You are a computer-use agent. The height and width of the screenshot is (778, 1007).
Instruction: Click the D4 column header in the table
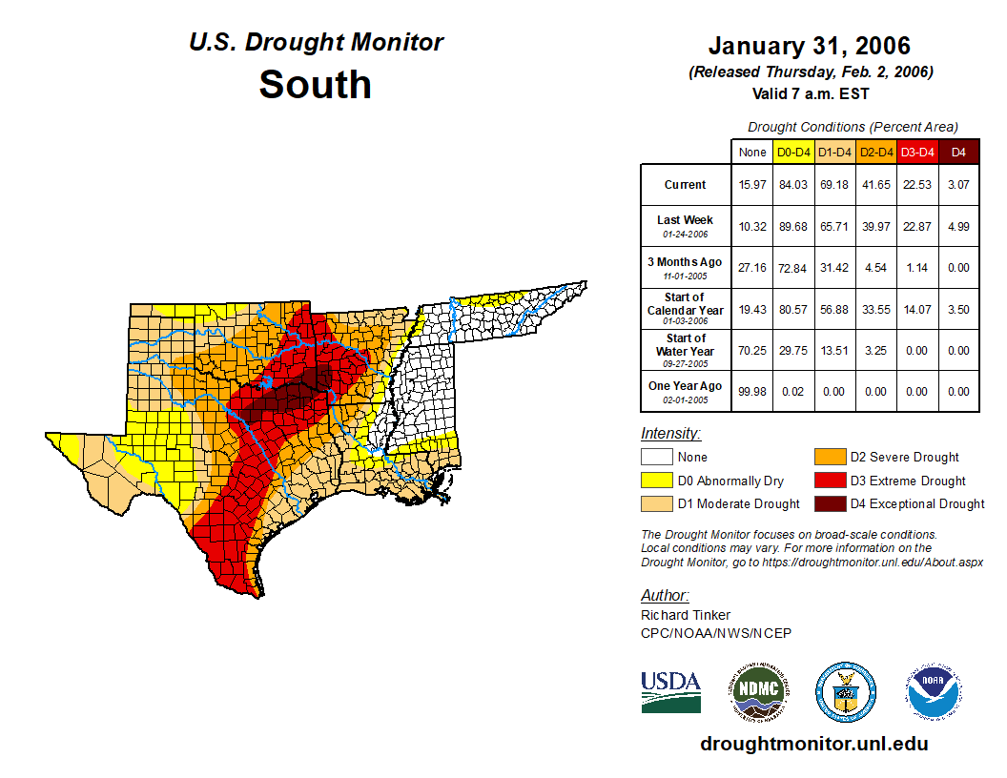pos(958,152)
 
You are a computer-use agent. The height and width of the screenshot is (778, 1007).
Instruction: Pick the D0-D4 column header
pos(793,152)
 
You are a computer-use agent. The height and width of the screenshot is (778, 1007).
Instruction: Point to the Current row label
pos(686,185)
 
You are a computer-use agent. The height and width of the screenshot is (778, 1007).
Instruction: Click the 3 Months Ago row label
pos(686,267)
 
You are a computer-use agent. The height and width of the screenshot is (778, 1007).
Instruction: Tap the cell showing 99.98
pos(752,391)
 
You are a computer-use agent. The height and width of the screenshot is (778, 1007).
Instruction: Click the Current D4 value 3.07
pos(958,185)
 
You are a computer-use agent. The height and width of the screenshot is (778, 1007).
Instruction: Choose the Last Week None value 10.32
pos(752,226)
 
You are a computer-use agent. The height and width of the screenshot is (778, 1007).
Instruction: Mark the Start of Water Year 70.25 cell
pos(752,350)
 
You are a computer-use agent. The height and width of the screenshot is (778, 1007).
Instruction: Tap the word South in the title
pos(315,85)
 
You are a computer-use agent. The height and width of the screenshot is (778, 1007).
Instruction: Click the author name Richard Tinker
pos(686,615)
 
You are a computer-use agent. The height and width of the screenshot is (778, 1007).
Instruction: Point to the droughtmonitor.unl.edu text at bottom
pos(813,744)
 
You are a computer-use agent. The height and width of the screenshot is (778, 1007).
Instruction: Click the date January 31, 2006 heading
pos(810,46)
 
